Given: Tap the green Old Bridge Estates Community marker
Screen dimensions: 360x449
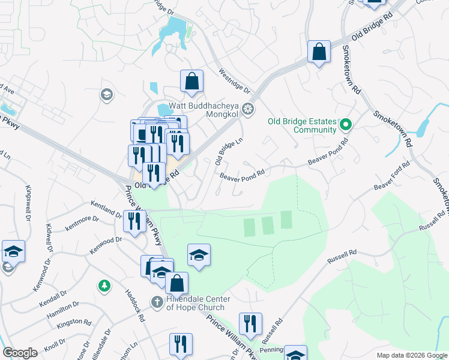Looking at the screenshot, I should coord(345,125).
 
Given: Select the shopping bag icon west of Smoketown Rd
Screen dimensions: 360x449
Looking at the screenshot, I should coord(319,52).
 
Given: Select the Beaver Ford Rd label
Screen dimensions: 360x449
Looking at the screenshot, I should coord(392,177).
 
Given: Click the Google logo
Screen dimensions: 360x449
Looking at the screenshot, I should coord(19,353).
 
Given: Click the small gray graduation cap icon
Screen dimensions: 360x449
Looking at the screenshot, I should coord(107,94).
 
